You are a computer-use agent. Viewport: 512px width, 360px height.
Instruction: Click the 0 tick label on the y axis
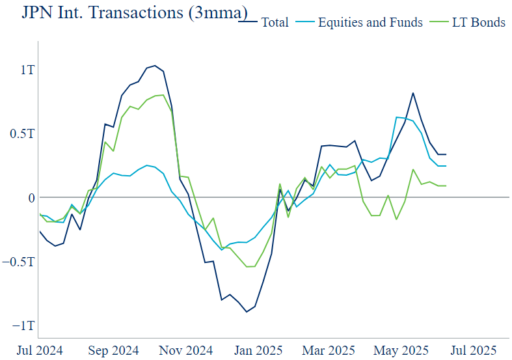tap(29, 197)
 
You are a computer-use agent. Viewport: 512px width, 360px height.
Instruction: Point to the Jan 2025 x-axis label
tap(259, 350)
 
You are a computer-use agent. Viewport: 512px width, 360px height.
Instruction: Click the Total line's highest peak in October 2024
tap(155, 66)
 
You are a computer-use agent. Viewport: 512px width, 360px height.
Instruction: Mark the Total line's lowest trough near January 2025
tap(247, 312)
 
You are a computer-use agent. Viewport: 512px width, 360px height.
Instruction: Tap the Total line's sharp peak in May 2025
tap(413, 93)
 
